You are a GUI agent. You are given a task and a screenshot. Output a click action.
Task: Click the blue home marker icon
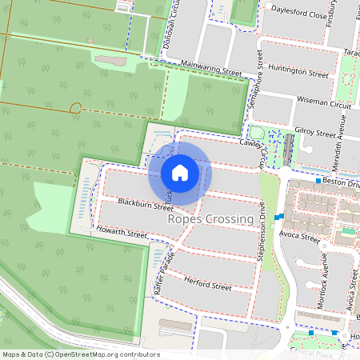click(x=180, y=173)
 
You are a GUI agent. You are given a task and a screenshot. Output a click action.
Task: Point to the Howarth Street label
click(x=122, y=235)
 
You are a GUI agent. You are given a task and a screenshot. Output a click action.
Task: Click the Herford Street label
click(x=207, y=286)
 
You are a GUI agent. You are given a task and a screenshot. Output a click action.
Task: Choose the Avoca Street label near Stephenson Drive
click(x=300, y=238)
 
